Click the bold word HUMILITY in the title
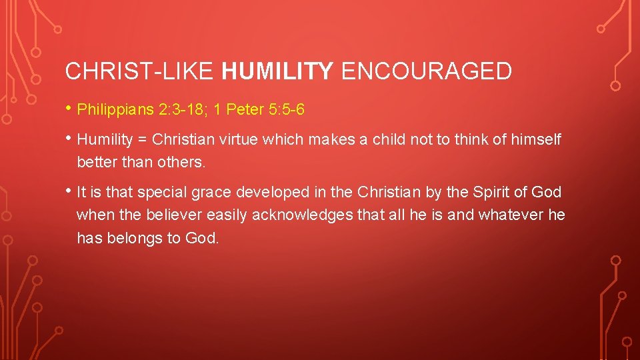pyautogui.click(x=277, y=71)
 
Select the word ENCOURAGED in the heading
pyautogui.click(x=427, y=71)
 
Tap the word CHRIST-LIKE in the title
pyautogui.click(x=141, y=71)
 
